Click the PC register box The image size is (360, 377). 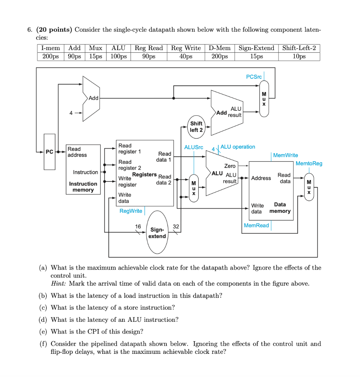(x=49, y=152)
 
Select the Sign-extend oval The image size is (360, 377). (x=157, y=232)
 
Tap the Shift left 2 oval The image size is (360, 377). (x=196, y=127)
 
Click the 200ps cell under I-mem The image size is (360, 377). (x=50, y=56)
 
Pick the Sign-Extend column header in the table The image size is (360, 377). (x=256, y=48)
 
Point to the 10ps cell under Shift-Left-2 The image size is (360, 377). (x=299, y=56)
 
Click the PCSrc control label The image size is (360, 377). (x=254, y=77)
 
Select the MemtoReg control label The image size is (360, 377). (x=308, y=163)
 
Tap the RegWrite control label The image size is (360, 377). (x=131, y=211)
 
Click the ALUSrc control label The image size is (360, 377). (x=194, y=147)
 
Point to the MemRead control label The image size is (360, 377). (x=257, y=225)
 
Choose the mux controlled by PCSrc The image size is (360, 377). (x=264, y=99)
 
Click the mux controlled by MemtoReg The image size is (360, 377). (x=309, y=187)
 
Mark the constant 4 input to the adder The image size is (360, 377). (x=71, y=113)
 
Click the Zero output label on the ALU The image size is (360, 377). (x=230, y=166)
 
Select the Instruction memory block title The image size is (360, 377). (x=83, y=187)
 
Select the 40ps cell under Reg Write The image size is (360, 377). (x=186, y=56)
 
